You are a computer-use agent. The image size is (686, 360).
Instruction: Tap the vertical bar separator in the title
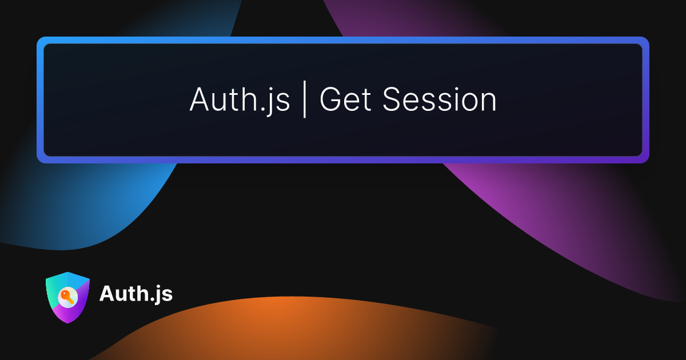[304, 99]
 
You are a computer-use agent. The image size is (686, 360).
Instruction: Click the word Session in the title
[440, 98]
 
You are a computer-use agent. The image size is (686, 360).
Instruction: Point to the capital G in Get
[330, 99]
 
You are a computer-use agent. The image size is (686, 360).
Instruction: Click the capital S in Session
[392, 99]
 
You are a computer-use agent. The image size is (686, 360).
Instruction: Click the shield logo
[67, 297]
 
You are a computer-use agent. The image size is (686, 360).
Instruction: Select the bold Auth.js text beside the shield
[136, 294]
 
